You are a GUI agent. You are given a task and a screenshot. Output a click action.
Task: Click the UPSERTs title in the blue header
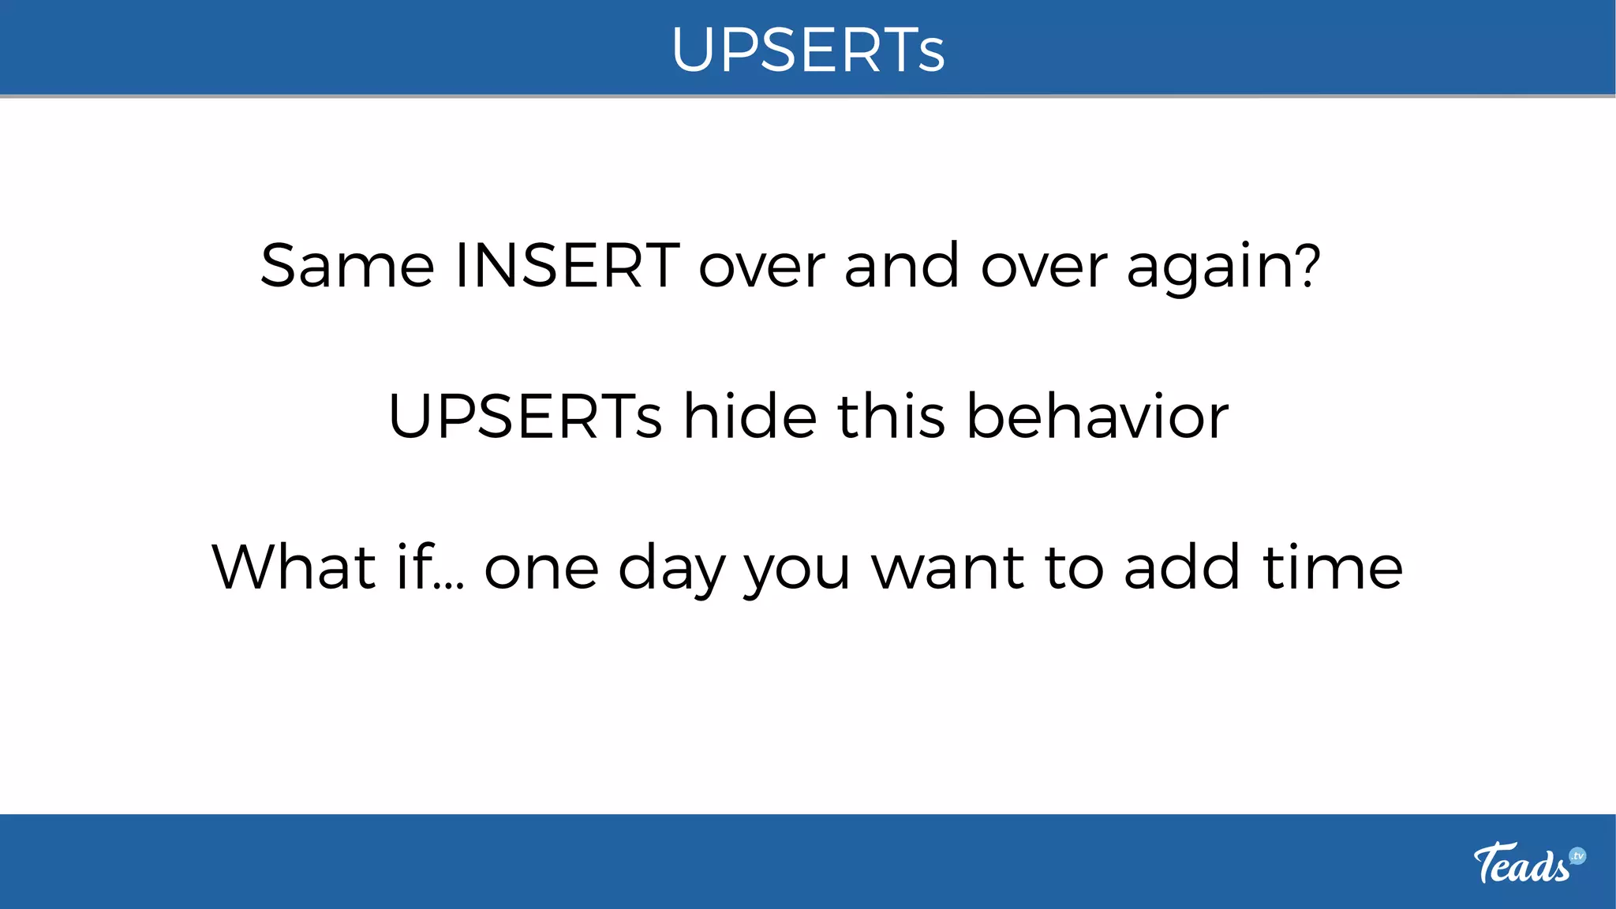coord(808,50)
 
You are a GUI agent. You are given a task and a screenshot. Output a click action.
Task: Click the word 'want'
coord(948,568)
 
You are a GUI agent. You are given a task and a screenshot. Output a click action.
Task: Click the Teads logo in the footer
coord(1521,863)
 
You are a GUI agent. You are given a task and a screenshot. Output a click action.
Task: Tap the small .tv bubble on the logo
coord(1577,856)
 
